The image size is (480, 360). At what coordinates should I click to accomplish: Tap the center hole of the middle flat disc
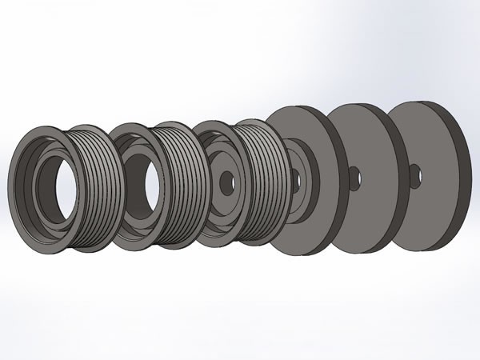tap(353, 177)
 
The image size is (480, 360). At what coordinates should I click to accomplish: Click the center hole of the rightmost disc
tap(413, 171)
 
